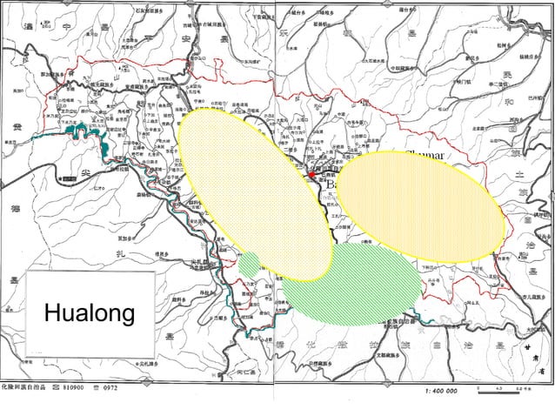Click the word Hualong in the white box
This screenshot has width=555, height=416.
coord(89,312)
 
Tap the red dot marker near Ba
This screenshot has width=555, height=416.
coord(311,176)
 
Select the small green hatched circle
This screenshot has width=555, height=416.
coord(251,262)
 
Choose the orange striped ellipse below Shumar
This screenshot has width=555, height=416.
coord(419,206)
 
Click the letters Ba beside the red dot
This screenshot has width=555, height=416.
coord(331,185)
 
